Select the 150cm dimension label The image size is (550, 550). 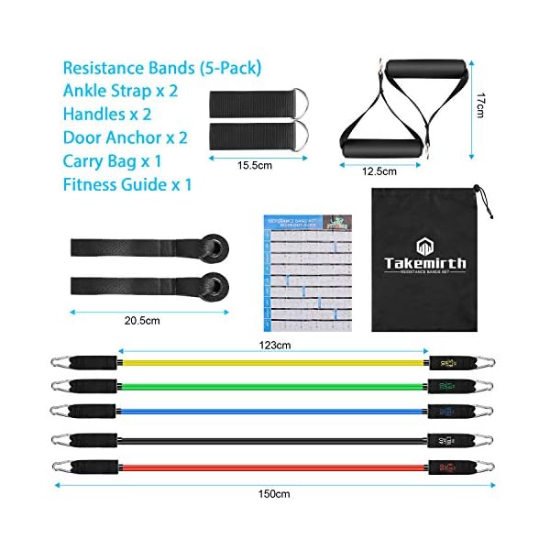tap(276, 494)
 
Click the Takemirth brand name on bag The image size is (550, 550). tap(425, 263)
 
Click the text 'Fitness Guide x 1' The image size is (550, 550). tap(128, 184)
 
